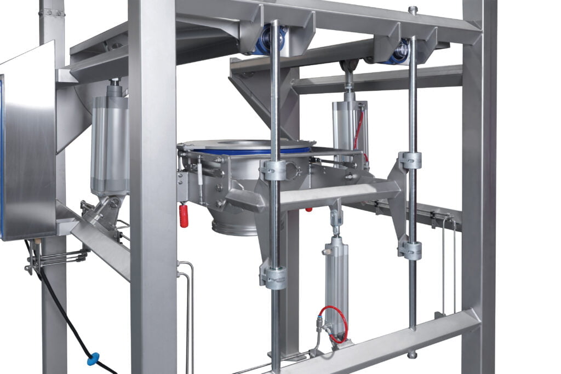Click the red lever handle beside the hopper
(x=184, y=216)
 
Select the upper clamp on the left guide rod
(x=274, y=170)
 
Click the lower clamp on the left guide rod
(x=273, y=277)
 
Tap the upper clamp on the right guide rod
(x=410, y=160)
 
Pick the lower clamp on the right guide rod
(x=410, y=250)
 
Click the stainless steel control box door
(x=27, y=142)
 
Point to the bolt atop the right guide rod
(x=413, y=10)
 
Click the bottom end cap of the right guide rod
(x=412, y=354)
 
